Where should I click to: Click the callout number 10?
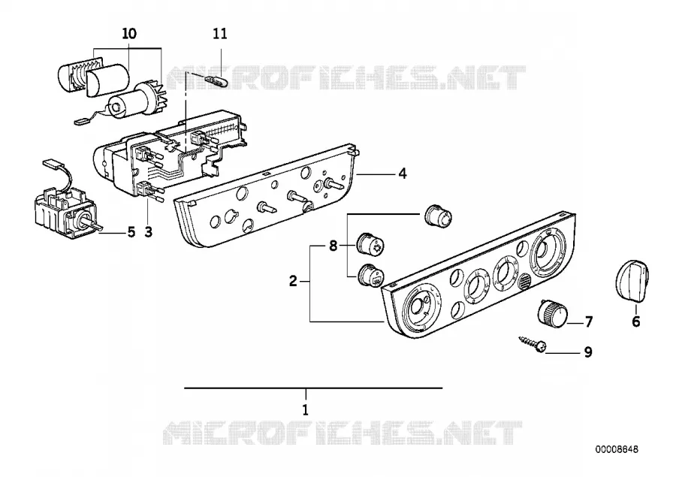(x=129, y=33)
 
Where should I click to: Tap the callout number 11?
(x=220, y=33)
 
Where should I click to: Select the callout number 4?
(x=403, y=174)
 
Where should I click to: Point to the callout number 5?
(x=131, y=232)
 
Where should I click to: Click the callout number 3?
(x=148, y=232)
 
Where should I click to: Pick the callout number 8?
(x=333, y=246)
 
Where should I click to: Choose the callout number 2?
(x=293, y=282)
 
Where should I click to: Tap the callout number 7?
(x=588, y=322)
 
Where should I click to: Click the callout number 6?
(x=636, y=322)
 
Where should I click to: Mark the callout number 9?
(x=588, y=352)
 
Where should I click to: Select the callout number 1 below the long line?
(x=305, y=409)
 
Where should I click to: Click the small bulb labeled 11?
(x=214, y=80)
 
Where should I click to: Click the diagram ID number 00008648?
(x=617, y=449)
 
